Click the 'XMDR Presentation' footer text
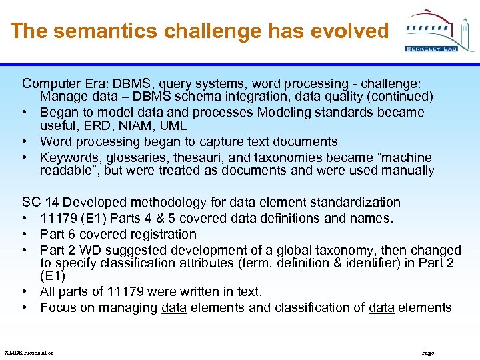click(x=29, y=353)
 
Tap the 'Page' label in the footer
click(x=428, y=353)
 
